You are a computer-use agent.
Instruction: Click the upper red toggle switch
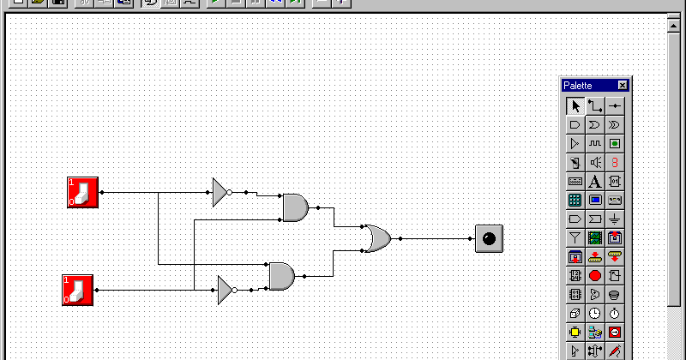click(83, 192)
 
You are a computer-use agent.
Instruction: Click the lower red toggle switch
click(77, 290)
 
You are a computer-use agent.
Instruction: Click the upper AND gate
click(294, 207)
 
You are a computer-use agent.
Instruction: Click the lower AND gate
click(281, 276)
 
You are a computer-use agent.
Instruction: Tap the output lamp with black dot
click(489, 239)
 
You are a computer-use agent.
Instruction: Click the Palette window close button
click(623, 86)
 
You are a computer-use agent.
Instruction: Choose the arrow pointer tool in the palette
click(575, 106)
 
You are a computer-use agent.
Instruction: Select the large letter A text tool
click(595, 181)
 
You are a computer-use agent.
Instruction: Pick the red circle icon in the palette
click(595, 275)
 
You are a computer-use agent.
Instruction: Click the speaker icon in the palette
click(595, 162)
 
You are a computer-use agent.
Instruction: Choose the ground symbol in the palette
click(615, 219)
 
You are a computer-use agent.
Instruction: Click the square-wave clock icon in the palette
click(595, 143)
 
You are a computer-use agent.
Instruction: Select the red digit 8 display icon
click(615, 162)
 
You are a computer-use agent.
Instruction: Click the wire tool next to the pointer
click(595, 106)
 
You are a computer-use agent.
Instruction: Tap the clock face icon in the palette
click(595, 313)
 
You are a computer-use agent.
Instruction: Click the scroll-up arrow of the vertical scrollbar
click(675, 25)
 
